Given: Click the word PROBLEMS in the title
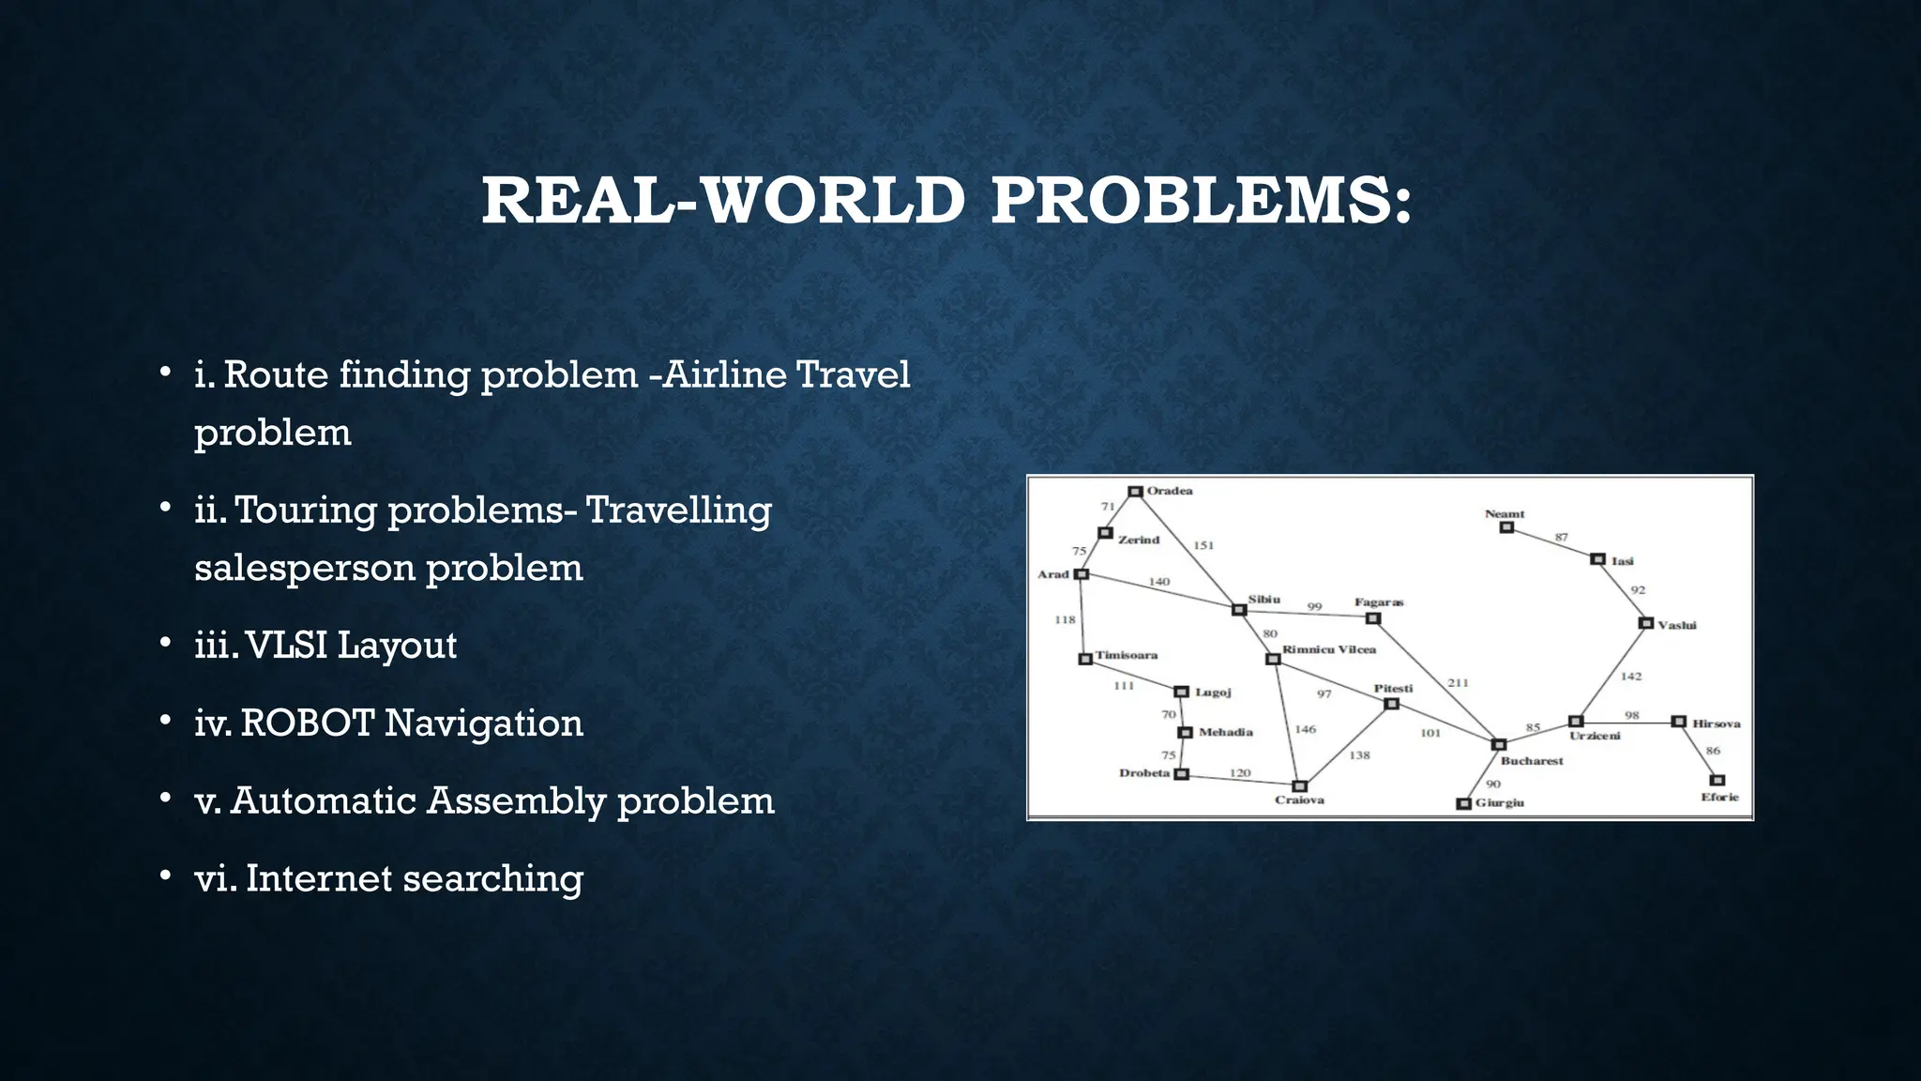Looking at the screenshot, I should [x=1202, y=201].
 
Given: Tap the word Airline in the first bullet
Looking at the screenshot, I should [x=725, y=374].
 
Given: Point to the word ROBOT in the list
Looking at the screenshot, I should [x=308, y=723].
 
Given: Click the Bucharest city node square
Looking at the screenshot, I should [x=1499, y=744].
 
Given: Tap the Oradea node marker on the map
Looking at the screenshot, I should [x=1135, y=492].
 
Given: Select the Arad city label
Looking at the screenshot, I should [x=1053, y=574].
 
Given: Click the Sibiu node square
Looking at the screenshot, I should [x=1239, y=610].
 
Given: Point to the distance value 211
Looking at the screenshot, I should [x=1458, y=683].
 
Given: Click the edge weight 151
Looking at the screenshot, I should [x=1203, y=545].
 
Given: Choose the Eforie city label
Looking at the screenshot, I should [x=1719, y=798].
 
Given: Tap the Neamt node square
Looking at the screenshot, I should [x=1506, y=527].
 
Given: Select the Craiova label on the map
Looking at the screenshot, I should [x=1299, y=800].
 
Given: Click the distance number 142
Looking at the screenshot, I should [x=1631, y=677].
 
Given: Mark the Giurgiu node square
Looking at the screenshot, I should [x=1463, y=803].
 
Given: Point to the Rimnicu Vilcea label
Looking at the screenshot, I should [x=1329, y=649].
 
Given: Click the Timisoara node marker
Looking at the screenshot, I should [x=1085, y=659].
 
